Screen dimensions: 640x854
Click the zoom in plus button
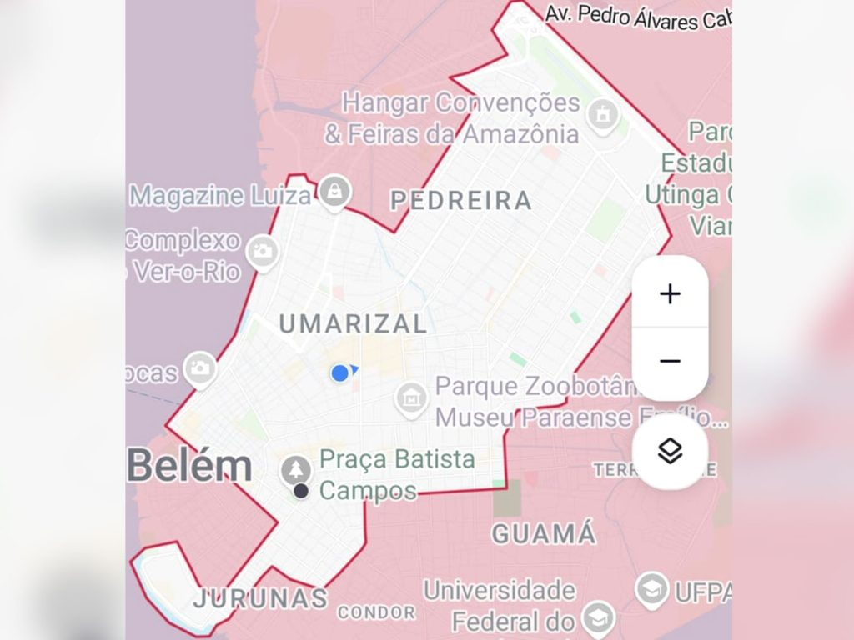(x=670, y=293)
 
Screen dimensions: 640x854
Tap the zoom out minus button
(x=670, y=361)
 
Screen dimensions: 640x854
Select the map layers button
(x=670, y=451)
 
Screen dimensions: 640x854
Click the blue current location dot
(x=339, y=372)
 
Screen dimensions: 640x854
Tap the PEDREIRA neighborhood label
(x=461, y=200)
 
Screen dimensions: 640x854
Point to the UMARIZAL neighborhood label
(x=353, y=323)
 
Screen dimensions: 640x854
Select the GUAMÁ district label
(x=544, y=533)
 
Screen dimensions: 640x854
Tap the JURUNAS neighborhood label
(x=260, y=597)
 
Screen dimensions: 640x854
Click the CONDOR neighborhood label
(x=376, y=612)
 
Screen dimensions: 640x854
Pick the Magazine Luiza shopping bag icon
(x=334, y=192)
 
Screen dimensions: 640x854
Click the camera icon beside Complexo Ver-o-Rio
(x=263, y=251)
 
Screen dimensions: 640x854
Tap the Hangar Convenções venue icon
(x=602, y=114)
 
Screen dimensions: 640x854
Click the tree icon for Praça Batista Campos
(x=294, y=470)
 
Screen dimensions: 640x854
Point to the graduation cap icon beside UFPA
(x=651, y=589)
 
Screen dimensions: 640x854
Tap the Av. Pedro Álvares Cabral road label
(x=638, y=16)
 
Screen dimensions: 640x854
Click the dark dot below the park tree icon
(x=301, y=492)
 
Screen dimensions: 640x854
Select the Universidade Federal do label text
(x=500, y=591)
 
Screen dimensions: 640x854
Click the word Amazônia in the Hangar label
(x=521, y=133)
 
